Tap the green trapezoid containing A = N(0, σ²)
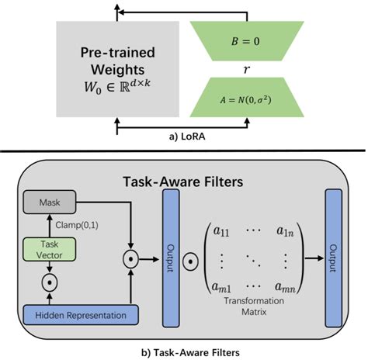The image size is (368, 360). [245, 97]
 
